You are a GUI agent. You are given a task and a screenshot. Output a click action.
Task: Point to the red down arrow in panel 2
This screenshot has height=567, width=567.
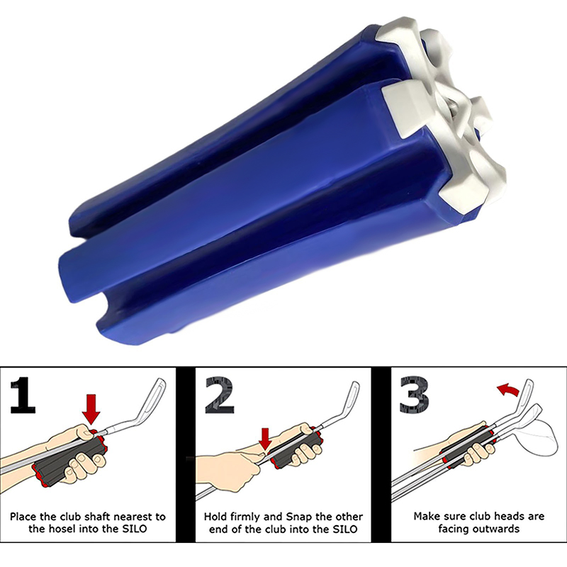coord(265,437)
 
